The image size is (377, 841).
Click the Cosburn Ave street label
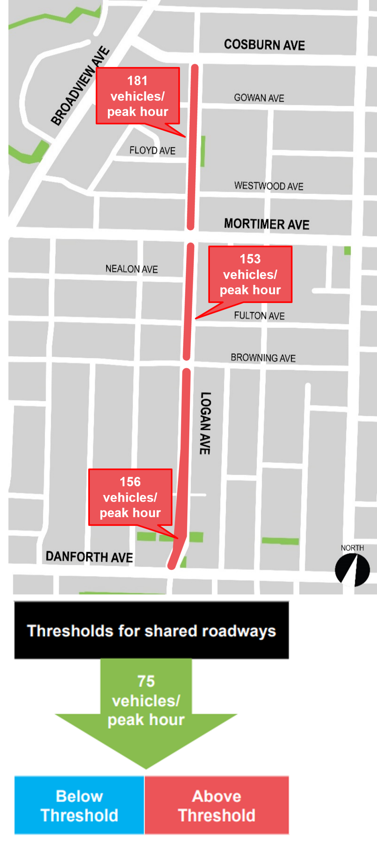click(x=264, y=45)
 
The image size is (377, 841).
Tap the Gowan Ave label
click(x=259, y=98)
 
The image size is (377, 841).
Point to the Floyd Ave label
click(x=152, y=151)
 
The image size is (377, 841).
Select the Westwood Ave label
click(x=269, y=186)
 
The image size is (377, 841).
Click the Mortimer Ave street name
click(x=267, y=224)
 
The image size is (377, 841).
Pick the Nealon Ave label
click(x=131, y=269)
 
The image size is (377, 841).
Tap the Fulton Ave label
click(x=259, y=316)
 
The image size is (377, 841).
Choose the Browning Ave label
click(x=263, y=358)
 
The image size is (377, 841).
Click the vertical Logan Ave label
click(x=205, y=423)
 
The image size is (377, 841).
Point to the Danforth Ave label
click(x=89, y=557)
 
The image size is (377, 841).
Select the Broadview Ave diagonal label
click(x=80, y=86)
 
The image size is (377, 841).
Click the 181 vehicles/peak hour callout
click(x=138, y=96)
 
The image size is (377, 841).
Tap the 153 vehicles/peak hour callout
click(x=250, y=274)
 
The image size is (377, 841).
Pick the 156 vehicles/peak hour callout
click(x=130, y=497)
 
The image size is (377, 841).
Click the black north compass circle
click(x=352, y=570)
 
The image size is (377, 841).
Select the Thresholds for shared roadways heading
click(x=151, y=630)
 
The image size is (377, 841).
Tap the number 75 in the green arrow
click(x=146, y=681)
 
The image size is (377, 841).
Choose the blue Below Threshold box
click(x=79, y=805)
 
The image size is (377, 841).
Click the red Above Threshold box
click(x=216, y=805)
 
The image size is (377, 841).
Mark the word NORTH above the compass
click(x=352, y=548)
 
